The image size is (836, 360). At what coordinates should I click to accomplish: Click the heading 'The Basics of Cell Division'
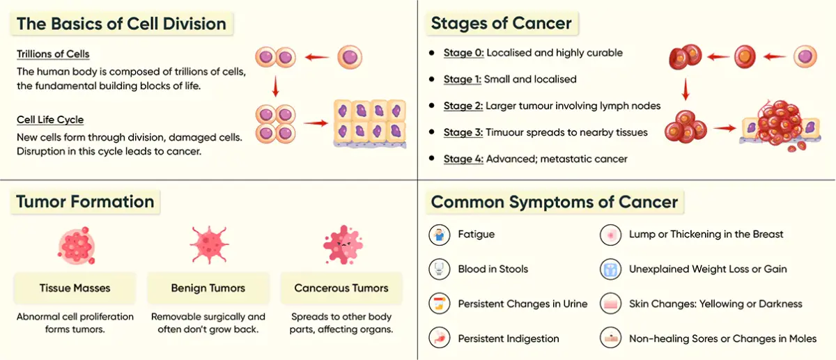click(x=121, y=24)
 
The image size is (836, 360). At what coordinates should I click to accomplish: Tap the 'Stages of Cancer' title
click(x=502, y=24)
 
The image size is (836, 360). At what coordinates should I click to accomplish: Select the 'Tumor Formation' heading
click(x=85, y=202)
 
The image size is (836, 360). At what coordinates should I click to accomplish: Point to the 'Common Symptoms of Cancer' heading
click(x=555, y=202)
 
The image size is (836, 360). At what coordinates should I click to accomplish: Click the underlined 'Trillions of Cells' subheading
click(x=53, y=54)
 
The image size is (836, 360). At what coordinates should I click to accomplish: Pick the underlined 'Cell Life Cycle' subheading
click(x=50, y=120)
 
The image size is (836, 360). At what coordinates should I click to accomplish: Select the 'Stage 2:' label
click(x=463, y=106)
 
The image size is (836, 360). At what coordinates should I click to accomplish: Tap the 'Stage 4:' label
click(x=463, y=159)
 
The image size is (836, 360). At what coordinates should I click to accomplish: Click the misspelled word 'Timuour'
click(x=507, y=132)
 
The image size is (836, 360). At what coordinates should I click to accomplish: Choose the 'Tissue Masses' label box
click(x=75, y=288)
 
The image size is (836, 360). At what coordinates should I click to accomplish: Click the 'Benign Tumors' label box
click(x=208, y=288)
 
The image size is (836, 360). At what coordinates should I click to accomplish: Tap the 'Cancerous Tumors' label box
click(x=341, y=288)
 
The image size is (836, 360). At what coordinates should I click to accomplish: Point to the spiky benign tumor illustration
click(x=208, y=244)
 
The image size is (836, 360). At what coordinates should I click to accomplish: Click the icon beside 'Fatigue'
click(x=439, y=235)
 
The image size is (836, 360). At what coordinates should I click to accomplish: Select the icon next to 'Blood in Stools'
click(x=439, y=269)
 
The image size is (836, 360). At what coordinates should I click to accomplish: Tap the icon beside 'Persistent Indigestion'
click(x=439, y=338)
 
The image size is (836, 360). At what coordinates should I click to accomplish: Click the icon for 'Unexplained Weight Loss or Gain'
click(x=610, y=269)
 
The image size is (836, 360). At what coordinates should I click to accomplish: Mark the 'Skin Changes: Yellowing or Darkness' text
click(x=715, y=304)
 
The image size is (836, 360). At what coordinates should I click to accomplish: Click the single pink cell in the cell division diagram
click(x=350, y=57)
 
